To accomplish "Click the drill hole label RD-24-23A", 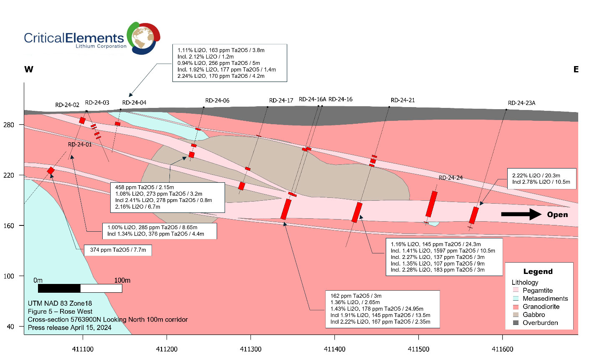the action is pyautogui.click(x=521, y=103).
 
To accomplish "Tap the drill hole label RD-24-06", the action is pyautogui.click(x=217, y=101).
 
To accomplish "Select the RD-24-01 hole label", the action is pyautogui.click(x=80, y=145).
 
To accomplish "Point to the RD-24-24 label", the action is pyautogui.click(x=451, y=178).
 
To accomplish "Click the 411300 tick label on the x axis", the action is pyautogui.click(x=250, y=349).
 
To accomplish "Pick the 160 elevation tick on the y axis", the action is pyautogui.click(x=8, y=226).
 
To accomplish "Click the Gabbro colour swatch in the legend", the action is pyautogui.click(x=516, y=314).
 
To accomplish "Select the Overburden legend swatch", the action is pyautogui.click(x=516, y=323).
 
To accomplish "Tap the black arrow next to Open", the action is pyautogui.click(x=521, y=215).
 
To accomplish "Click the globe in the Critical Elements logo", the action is pyautogui.click(x=144, y=38).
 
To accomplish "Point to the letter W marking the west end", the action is pyautogui.click(x=29, y=69).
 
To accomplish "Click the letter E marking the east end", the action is pyautogui.click(x=576, y=69).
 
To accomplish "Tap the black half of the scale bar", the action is pyautogui.click(x=59, y=289).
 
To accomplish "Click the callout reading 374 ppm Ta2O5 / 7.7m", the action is pyautogui.click(x=118, y=250).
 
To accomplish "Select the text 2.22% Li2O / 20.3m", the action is pyautogui.click(x=536, y=176).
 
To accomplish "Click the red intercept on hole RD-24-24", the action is pyautogui.click(x=432, y=204).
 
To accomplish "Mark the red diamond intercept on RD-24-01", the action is pyautogui.click(x=51, y=171).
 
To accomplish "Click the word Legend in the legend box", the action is pyautogui.click(x=538, y=271).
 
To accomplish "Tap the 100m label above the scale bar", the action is pyautogui.click(x=122, y=280).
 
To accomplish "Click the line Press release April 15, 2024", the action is pyautogui.click(x=70, y=328).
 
